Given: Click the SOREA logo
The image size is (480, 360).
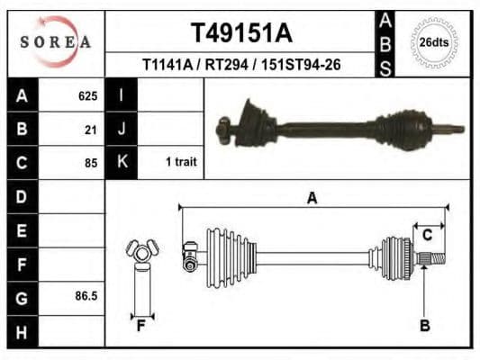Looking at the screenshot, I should [56, 41].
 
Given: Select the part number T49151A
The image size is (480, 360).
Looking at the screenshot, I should [240, 33].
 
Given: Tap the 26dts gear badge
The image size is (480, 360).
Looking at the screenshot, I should [434, 42].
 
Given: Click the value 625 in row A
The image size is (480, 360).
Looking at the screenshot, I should [87, 95].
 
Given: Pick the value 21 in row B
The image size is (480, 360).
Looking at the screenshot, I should [90, 129].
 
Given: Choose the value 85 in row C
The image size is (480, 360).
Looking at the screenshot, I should [90, 163].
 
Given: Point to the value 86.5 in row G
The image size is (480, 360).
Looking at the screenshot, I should [86, 295].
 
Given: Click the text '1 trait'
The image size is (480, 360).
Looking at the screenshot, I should [181, 163].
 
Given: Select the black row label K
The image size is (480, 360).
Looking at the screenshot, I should [122, 162].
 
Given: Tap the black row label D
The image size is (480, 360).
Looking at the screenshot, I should [22, 196].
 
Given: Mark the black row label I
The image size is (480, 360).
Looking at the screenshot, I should [121, 95].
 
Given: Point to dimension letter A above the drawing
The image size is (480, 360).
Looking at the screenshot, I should [312, 198].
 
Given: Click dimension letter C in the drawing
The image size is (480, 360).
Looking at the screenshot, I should [428, 235].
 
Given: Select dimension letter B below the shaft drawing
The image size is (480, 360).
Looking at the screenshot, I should [425, 325].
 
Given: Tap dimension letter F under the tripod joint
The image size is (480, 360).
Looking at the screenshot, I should [140, 325].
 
